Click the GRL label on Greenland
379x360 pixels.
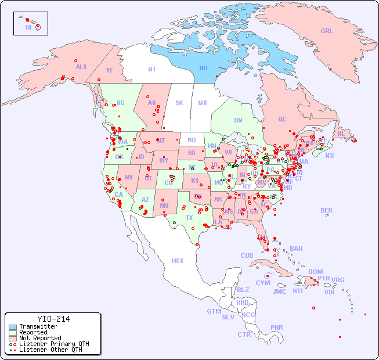[x=327, y=31]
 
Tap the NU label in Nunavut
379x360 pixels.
[x=203, y=69]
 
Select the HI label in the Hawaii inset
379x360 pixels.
[x=28, y=27]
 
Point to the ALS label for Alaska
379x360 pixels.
[x=81, y=67]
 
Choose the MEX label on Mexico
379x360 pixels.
[x=178, y=261]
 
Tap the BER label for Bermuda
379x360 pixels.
[x=326, y=210]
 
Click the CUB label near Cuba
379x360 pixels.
[x=247, y=256]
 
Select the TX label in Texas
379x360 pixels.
[x=189, y=218]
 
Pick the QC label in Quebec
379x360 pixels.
[x=282, y=120]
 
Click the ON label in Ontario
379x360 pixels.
[x=238, y=121]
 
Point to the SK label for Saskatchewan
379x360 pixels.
[x=179, y=103]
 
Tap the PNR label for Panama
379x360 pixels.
[x=277, y=327]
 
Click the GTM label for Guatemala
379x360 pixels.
[x=214, y=311]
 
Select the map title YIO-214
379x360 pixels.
[x=53, y=319]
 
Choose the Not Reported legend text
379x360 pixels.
[x=40, y=338]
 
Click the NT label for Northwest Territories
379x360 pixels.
[x=151, y=69]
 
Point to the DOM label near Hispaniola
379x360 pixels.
[x=315, y=272]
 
